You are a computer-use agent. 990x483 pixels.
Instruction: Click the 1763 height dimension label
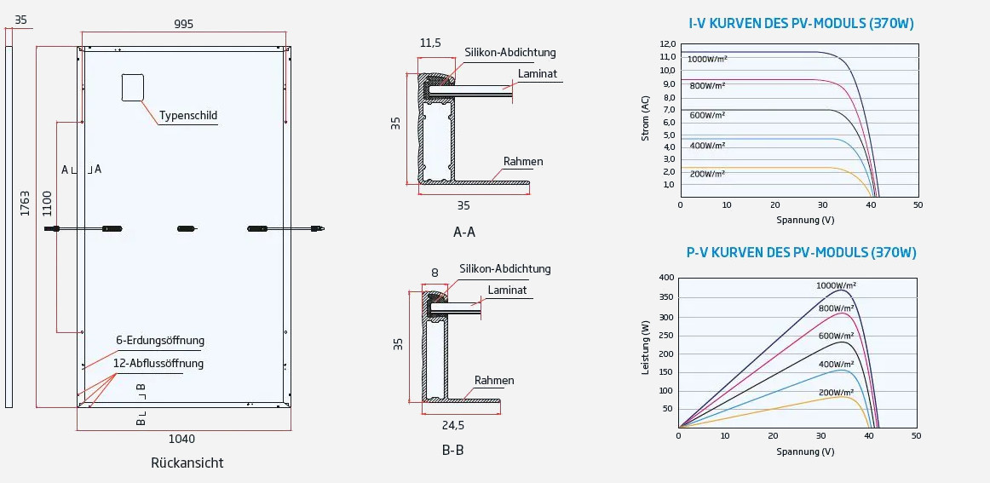[26, 203]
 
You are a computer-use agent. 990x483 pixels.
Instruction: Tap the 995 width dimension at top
[183, 24]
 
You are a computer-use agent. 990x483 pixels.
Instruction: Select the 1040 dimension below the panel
[181, 439]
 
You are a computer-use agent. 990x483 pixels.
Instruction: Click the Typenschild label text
[188, 115]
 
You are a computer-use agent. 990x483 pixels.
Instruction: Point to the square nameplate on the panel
[132, 88]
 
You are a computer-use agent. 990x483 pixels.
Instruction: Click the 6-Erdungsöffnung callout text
[160, 341]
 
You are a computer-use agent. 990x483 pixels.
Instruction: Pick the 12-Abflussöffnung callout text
[158, 363]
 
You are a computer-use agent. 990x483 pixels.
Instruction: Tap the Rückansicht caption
[187, 463]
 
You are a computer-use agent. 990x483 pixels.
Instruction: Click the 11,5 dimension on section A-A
[430, 43]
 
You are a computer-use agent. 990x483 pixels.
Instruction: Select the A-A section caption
[464, 232]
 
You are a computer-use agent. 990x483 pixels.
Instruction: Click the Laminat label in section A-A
[537, 74]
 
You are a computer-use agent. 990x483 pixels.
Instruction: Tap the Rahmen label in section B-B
[494, 381]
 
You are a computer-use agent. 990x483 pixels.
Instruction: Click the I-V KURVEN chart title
[801, 24]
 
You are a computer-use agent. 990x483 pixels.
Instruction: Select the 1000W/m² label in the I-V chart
[707, 59]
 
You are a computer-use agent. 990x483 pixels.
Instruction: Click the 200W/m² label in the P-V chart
[837, 393]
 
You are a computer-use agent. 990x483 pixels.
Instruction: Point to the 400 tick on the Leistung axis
[665, 278]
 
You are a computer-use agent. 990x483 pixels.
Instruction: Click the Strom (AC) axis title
[645, 118]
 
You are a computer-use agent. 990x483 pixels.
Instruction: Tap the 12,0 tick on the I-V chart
[667, 44]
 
